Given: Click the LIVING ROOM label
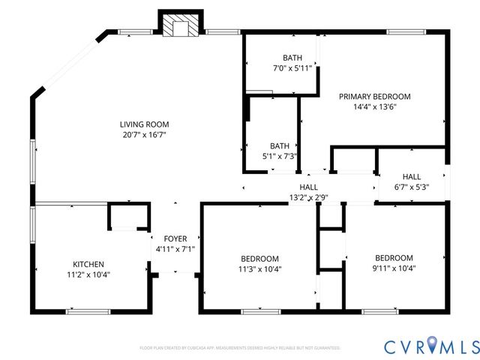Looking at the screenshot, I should click(144, 124).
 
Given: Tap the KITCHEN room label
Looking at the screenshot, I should click(88, 264).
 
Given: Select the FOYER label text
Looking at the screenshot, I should click(175, 238).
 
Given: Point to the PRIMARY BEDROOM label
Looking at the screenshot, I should click(374, 96).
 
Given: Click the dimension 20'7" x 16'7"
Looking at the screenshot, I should click(144, 135).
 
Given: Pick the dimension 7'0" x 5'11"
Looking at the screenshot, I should click(292, 68).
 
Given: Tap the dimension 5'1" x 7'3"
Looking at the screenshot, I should click(279, 156).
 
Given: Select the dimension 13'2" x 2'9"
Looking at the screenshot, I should click(308, 197).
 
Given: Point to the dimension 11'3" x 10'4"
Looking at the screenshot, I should click(260, 268).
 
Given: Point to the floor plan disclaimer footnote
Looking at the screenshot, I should click(239, 348).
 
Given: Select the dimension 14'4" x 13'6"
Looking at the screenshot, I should click(374, 106).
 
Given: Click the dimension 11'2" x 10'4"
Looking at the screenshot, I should click(88, 274).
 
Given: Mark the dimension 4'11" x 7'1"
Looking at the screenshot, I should click(175, 249).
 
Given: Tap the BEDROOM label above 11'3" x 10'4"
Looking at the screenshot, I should click(260, 258).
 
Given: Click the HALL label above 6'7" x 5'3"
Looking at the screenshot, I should click(411, 177).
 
